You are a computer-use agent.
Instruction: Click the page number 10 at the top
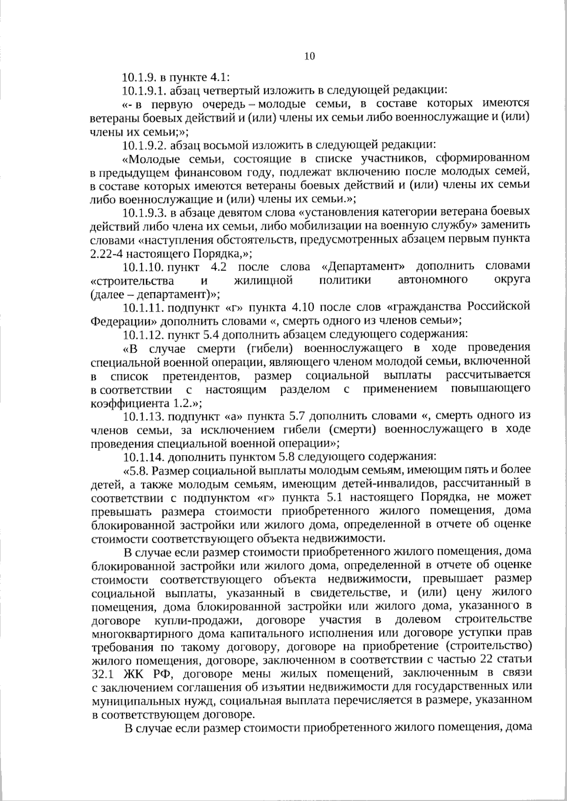click(309, 57)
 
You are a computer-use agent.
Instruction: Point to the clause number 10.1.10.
click(138, 267)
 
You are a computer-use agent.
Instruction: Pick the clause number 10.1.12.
click(138, 336)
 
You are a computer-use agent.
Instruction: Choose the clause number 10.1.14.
click(138, 457)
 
